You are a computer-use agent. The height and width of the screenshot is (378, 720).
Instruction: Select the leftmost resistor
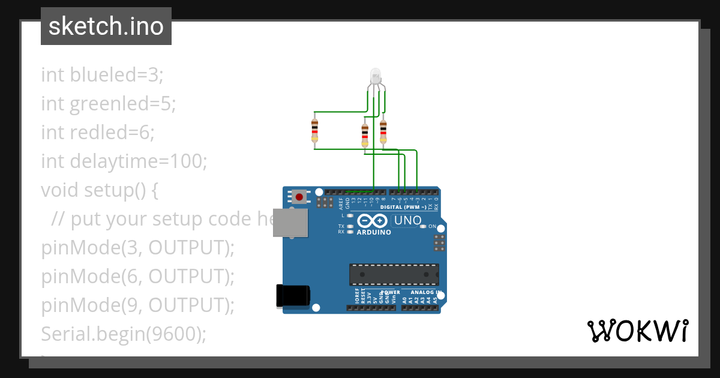click(315, 130)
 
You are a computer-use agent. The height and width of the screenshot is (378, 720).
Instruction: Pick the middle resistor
click(364, 135)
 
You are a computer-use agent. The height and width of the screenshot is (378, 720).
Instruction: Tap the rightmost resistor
click(383, 130)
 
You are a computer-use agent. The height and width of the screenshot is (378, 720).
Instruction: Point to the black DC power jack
click(293, 295)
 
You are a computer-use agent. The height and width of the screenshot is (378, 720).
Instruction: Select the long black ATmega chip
click(394, 274)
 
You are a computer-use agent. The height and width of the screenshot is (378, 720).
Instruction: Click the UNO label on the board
click(408, 221)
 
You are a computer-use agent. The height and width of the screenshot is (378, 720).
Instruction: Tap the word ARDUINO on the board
click(374, 232)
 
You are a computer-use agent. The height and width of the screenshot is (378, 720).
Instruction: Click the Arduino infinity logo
click(374, 221)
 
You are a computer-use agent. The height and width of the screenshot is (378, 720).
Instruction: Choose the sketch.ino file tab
click(106, 26)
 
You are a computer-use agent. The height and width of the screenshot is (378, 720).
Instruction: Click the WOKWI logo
click(637, 331)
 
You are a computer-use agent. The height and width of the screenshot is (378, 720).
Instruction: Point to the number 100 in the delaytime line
click(186, 161)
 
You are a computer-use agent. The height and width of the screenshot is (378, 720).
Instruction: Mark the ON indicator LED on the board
click(423, 226)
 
